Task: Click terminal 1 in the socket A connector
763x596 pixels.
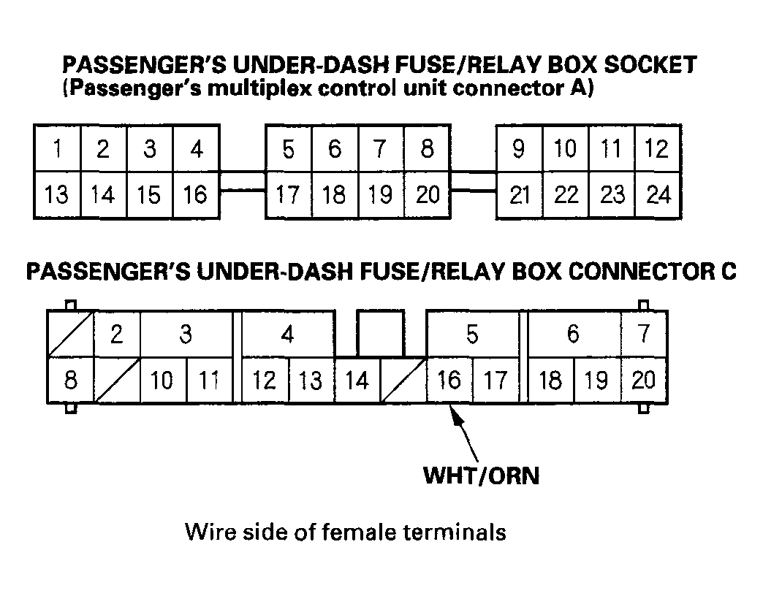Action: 56,149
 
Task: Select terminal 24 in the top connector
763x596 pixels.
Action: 658,195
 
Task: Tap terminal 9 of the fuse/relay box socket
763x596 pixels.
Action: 519,149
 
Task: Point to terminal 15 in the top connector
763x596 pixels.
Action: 150,195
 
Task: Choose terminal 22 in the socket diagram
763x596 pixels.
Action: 566,195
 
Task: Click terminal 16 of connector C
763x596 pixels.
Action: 449,381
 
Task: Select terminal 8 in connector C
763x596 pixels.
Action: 70,381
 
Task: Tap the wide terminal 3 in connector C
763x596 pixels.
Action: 186,335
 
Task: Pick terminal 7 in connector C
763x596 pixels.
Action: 643,335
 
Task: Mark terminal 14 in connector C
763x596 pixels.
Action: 357,381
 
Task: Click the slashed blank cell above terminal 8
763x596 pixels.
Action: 70,335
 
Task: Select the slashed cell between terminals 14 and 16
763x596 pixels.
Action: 403,381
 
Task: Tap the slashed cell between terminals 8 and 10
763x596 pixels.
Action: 117,381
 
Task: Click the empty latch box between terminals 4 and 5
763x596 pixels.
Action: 380,333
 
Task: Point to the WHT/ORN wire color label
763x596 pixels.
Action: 481,476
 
